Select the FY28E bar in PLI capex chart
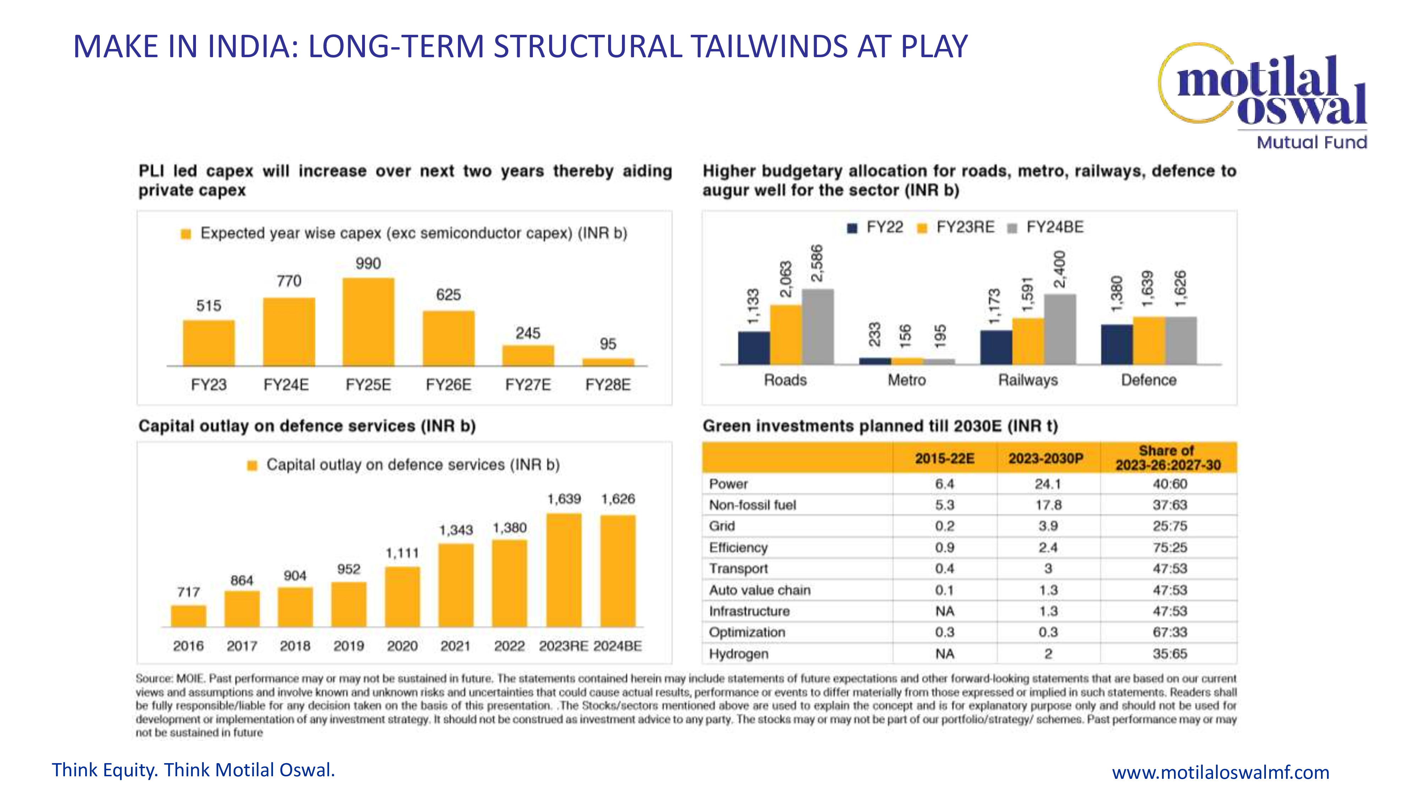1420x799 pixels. (608, 362)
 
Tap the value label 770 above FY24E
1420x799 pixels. (289, 281)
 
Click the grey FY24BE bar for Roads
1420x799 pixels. (818, 326)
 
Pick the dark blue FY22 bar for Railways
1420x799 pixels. (995, 347)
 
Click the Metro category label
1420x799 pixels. (906, 380)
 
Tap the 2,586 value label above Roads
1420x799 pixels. (817, 263)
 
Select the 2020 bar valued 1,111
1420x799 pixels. (403, 597)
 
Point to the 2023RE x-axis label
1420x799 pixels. (563, 646)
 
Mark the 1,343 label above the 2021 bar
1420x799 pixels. (456, 531)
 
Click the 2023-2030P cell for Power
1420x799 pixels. (1048, 484)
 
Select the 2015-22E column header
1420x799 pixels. (944, 458)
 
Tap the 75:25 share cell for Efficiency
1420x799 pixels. (1169, 548)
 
